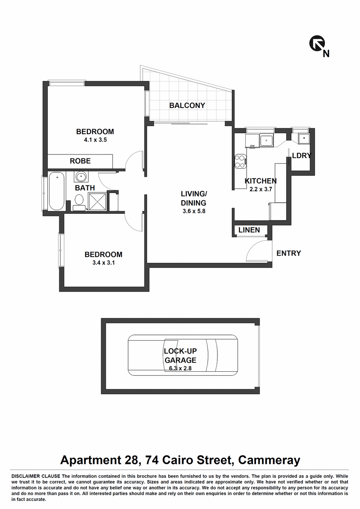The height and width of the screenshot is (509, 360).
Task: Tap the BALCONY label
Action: [187, 105]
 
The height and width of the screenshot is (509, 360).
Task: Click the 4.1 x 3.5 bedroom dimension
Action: [95, 140]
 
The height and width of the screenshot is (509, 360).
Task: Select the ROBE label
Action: [80, 161]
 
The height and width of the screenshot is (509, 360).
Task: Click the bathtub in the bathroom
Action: [57, 191]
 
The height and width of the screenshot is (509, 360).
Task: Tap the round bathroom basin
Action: [80, 177]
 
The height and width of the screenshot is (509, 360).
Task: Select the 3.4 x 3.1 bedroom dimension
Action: [103, 263]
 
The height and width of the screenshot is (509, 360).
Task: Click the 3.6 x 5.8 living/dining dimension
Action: [194, 212]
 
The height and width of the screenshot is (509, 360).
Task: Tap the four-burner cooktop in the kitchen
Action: [241, 161]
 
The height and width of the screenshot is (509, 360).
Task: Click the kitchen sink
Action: [266, 140]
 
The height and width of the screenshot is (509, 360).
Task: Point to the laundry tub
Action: [304, 138]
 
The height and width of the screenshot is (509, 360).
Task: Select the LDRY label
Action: [301, 156]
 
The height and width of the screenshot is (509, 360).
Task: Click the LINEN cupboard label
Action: [249, 230]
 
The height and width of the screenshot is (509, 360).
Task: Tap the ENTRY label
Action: [288, 253]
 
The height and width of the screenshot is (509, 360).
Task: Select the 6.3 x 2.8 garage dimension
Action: [180, 369]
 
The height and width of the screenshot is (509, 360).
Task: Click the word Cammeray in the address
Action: [269, 460]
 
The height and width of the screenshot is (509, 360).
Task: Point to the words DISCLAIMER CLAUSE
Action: [36, 477]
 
